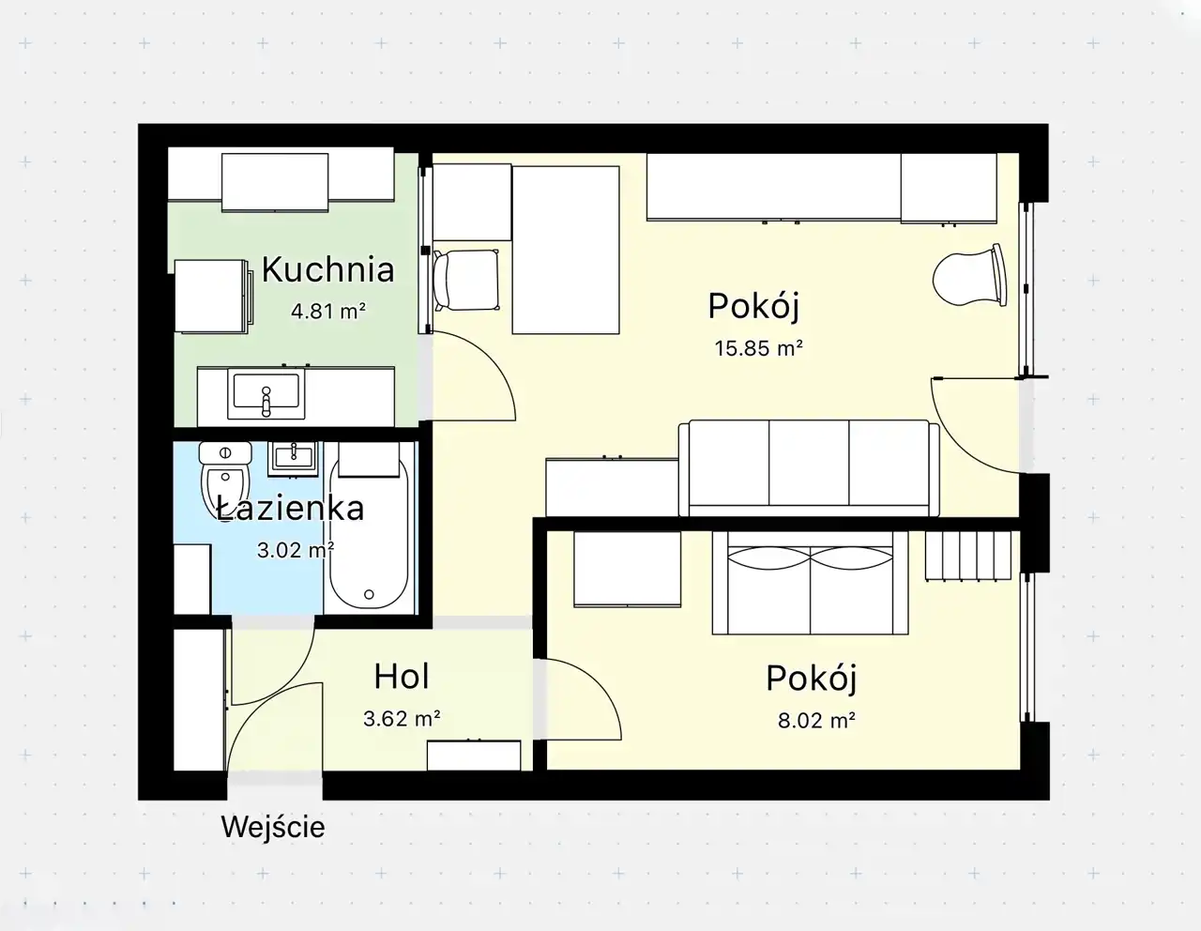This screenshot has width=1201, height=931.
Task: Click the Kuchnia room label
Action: [x=327, y=269]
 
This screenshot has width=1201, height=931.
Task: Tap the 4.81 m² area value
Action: [x=328, y=312]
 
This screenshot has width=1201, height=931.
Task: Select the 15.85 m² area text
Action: [x=758, y=348]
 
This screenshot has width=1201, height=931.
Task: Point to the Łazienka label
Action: [x=290, y=509]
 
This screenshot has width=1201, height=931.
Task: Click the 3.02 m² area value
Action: [x=296, y=550]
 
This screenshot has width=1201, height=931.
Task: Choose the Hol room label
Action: [x=402, y=676]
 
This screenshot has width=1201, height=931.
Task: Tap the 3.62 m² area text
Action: [x=402, y=719]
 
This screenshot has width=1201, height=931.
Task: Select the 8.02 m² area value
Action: [x=816, y=721]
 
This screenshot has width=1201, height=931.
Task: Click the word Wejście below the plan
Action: [x=273, y=828]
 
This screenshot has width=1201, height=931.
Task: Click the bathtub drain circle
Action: [x=369, y=595]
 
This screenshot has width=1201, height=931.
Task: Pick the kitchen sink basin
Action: [x=266, y=393]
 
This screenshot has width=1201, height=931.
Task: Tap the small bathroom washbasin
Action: [x=293, y=458]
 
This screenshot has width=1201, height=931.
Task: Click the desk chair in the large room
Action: [x=466, y=280]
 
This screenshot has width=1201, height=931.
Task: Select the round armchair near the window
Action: [x=969, y=275]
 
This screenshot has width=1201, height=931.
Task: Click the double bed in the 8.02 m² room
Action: [x=811, y=583]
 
